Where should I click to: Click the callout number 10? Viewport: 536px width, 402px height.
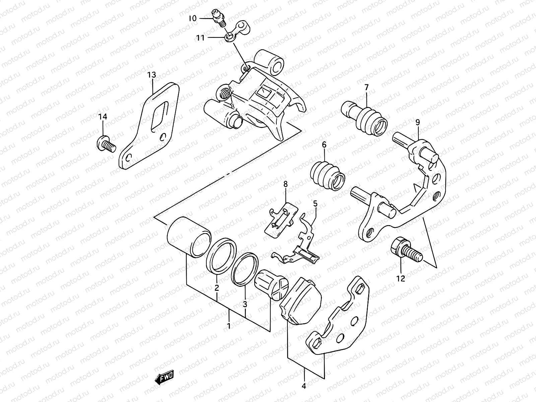point(192,19)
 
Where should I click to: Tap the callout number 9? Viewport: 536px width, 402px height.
point(417,123)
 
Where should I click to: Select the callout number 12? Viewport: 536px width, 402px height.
point(401,278)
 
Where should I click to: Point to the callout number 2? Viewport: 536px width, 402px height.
point(217,287)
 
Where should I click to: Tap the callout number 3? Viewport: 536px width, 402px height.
point(245,304)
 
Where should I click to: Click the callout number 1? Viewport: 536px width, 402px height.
point(228,325)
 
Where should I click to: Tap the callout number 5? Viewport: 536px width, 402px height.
point(315,203)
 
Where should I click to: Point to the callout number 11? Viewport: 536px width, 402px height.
point(200,38)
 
